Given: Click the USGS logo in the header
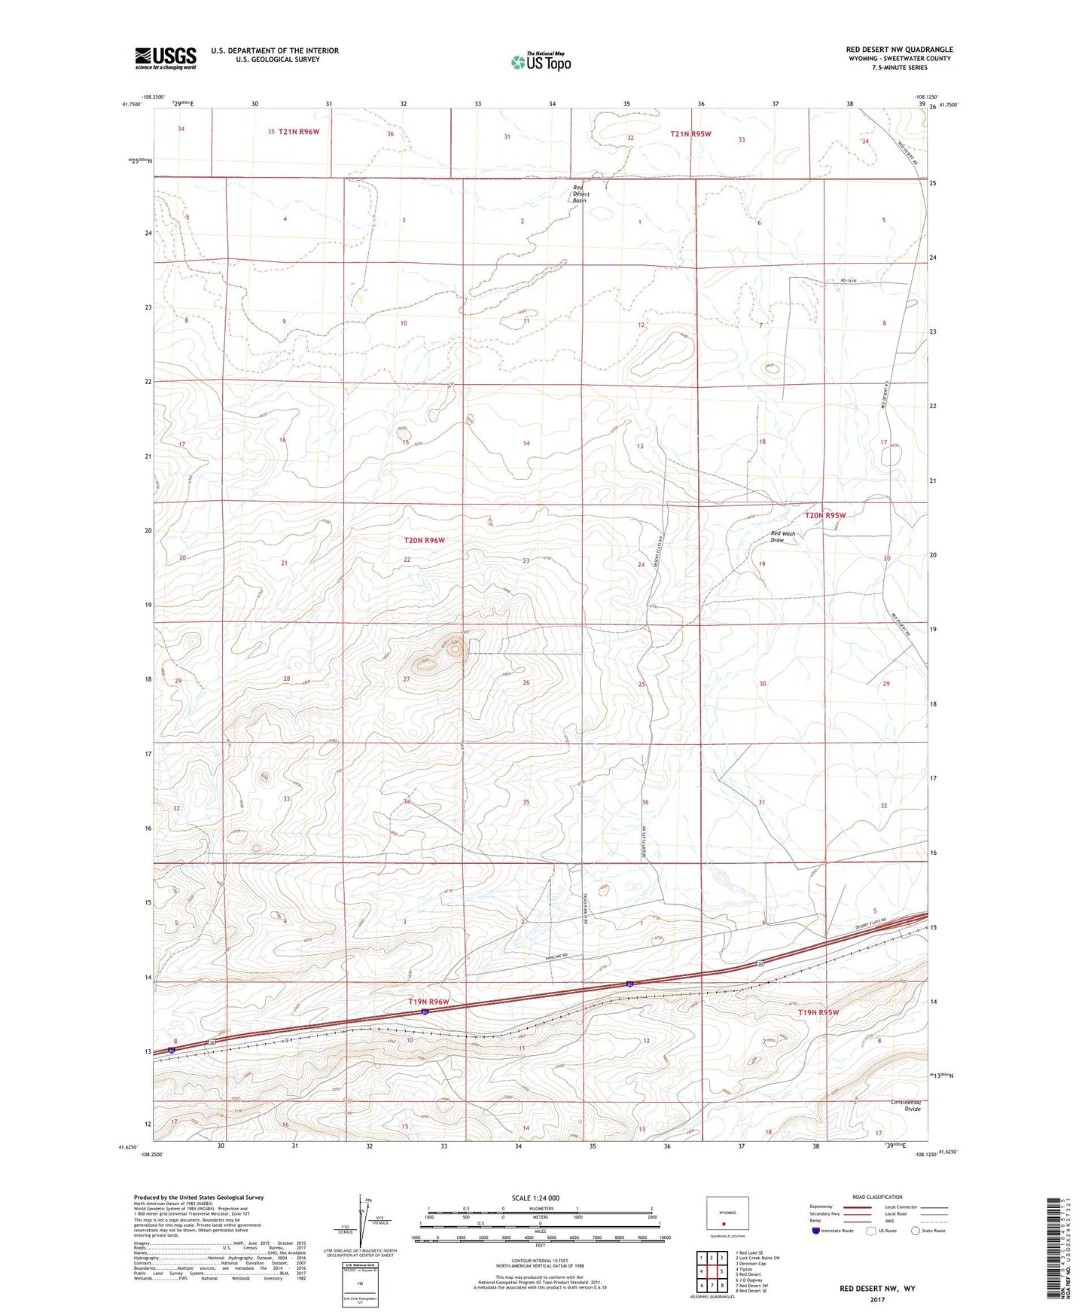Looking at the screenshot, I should pos(166,57).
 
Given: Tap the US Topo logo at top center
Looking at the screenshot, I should pos(540,62).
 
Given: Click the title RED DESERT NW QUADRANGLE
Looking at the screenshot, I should pos(899,50).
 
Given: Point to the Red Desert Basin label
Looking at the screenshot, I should pos(580,194).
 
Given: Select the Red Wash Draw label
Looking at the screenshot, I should pos(782,537).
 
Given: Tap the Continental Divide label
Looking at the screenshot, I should pos(906,1105).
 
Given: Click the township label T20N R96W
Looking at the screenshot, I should pos(425,540).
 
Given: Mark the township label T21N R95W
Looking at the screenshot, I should pos(690,133).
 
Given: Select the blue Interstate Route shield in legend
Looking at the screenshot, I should pos(815,1231).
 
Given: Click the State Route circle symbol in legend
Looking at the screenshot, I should pos(915,1231).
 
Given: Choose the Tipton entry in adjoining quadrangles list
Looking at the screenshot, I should pos(745,1269).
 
